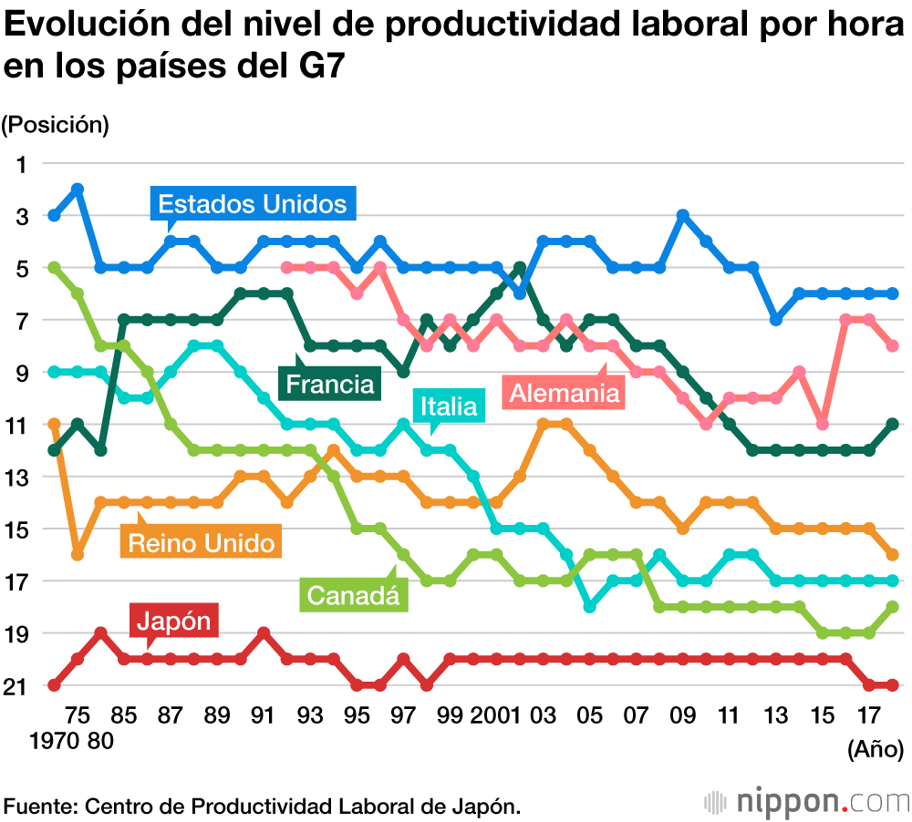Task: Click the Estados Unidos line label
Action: coord(252,203)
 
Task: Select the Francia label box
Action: coord(329,384)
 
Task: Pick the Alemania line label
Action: coord(565,393)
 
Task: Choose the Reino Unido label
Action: coord(201,544)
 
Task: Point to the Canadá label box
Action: coord(353,596)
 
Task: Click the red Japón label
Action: coord(174,622)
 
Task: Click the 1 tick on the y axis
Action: coord(23,164)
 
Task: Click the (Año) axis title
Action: coord(876,749)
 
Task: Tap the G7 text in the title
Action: coord(315,67)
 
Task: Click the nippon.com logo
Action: coord(806,803)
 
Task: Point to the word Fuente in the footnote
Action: coord(41,806)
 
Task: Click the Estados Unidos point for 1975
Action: coord(78,190)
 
